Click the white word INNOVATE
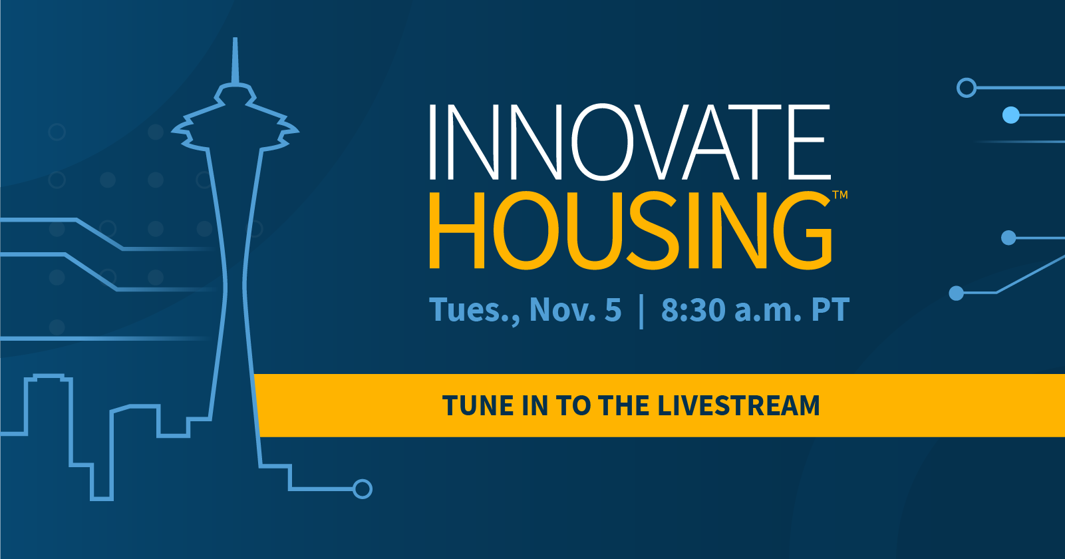(629, 142)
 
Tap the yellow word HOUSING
(631, 230)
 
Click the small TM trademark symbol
(840, 194)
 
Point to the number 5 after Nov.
(613, 309)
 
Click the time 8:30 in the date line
(693, 309)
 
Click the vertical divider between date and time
(641, 311)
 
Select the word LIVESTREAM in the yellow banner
(739, 406)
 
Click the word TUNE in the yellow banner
(478, 406)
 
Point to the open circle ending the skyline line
(363, 489)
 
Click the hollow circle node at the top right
(967, 88)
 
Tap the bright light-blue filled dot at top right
(1011, 115)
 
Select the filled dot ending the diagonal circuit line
(956, 293)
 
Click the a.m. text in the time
(768, 311)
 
